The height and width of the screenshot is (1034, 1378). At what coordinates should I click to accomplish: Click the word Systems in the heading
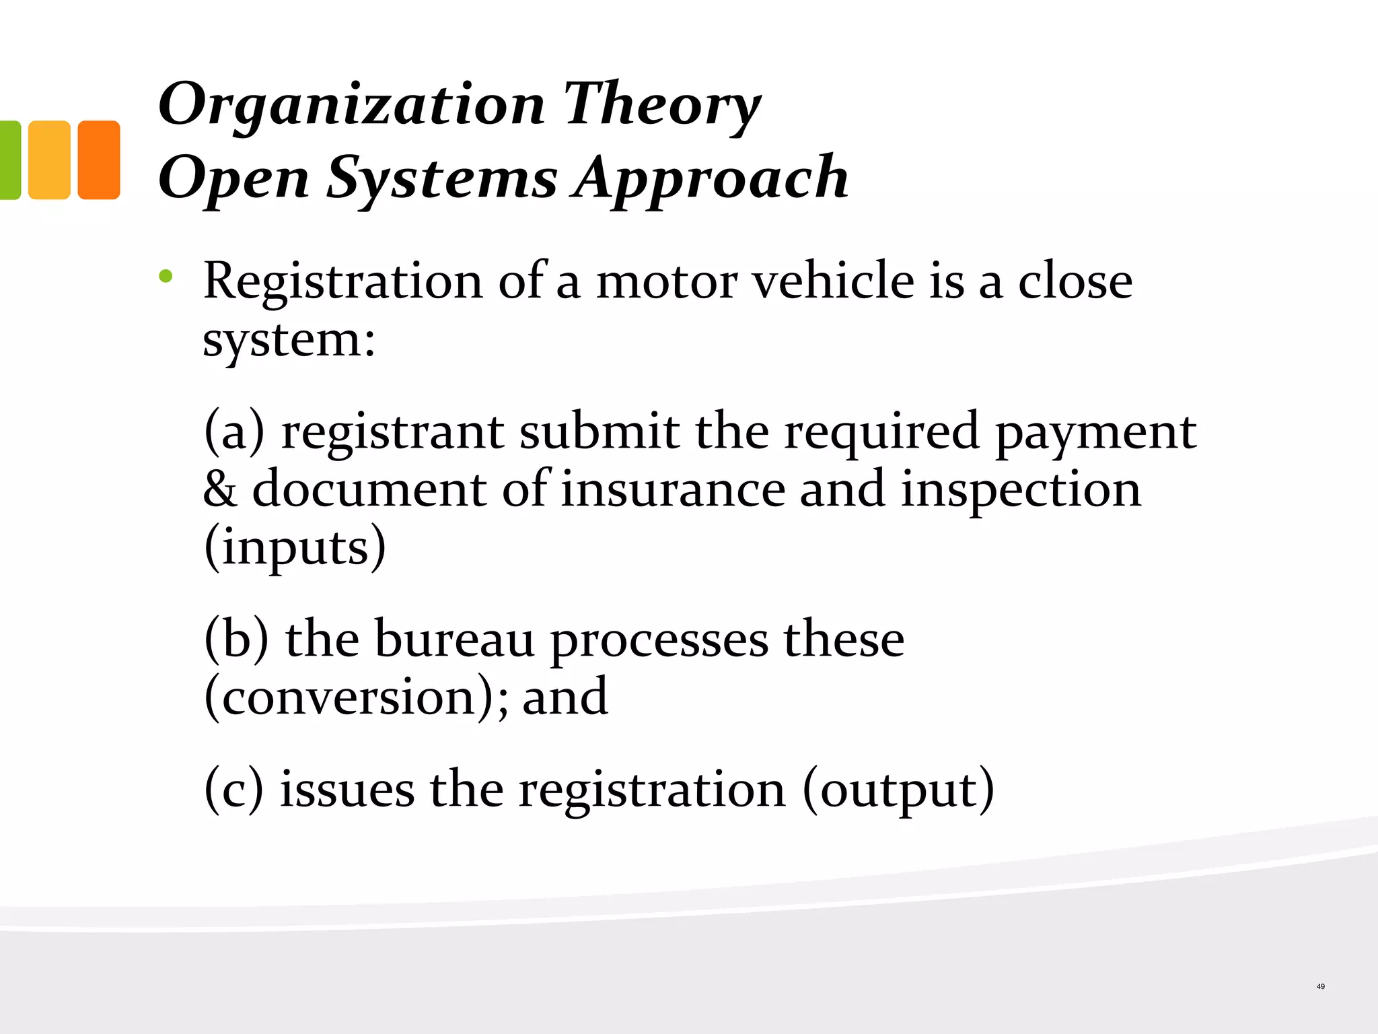pyautogui.click(x=442, y=178)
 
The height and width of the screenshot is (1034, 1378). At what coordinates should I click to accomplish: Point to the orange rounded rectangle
pyautogui.click(x=99, y=160)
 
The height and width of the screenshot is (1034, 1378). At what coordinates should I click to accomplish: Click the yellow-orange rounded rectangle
pyautogui.click(x=49, y=160)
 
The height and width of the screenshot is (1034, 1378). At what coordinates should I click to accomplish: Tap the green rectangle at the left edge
pyautogui.click(x=9, y=160)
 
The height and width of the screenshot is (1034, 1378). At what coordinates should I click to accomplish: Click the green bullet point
pyautogui.click(x=166, y=275)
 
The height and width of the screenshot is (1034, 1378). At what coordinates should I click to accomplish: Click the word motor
pyautogui.click(x=666, y=281)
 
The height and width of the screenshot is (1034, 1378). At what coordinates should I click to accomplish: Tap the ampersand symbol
pyautogui.click(x=220, y=489)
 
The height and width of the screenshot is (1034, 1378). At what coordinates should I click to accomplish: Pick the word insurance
pyautogui.click(x=673, y=489)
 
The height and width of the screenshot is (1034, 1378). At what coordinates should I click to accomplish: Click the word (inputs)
pyautogui.click(x=295, y=547)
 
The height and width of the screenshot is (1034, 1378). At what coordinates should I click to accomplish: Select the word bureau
pyautogui.click(x=454, y=639)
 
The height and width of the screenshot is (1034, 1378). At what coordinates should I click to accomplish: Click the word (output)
pyautogui.click(x=898, y=790)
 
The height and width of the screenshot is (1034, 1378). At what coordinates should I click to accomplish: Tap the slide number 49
pyautogui.click(x=1320, y=987)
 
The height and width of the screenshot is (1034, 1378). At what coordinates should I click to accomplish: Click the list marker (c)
pyautogui.click(x=233, y=790)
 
